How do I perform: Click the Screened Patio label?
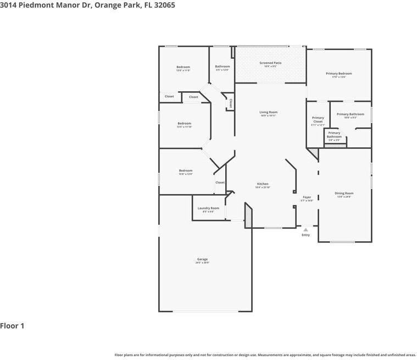[x=270, y=63]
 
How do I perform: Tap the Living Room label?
[x=268, y=112]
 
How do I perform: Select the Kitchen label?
[x=263, y=184]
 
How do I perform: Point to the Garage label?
[x=202, y=259]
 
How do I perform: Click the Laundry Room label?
[x=208, y=208]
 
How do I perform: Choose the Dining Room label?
[x=344, y=193]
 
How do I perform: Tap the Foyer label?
[x=307, y=197]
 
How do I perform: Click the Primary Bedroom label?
[x=338, y=74]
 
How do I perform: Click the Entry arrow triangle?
[x=306, y=229]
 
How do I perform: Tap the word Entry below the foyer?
[x=305, y=235]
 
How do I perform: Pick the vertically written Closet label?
[x=231, y=103]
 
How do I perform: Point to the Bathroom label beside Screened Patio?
[x=223, y=67]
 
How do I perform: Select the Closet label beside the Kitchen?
[x=220, y=182]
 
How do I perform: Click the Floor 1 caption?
[x=12, y=326]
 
